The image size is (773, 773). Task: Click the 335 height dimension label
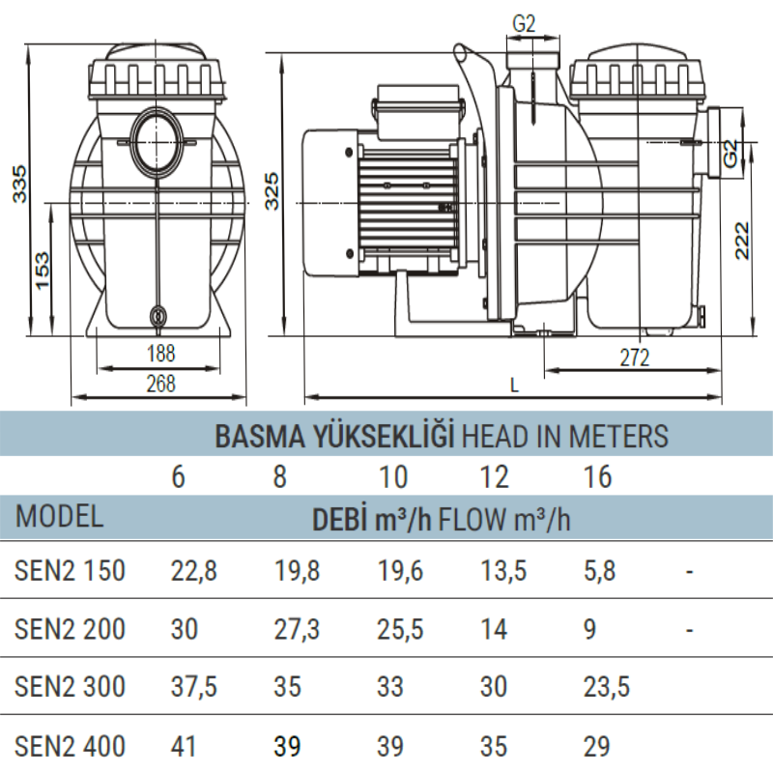(20, 185)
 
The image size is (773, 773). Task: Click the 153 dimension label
(43, 271)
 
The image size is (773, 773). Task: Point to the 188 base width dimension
(160, 353)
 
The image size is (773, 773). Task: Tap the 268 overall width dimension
(160, 383)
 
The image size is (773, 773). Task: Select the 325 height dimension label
(272, 190)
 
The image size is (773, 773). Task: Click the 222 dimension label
(742, 240)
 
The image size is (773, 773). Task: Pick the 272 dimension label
(635, 358)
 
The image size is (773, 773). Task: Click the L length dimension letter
(514, 385)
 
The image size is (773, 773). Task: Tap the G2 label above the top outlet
(524, 23)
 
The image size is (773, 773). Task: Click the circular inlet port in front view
(156, 143)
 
